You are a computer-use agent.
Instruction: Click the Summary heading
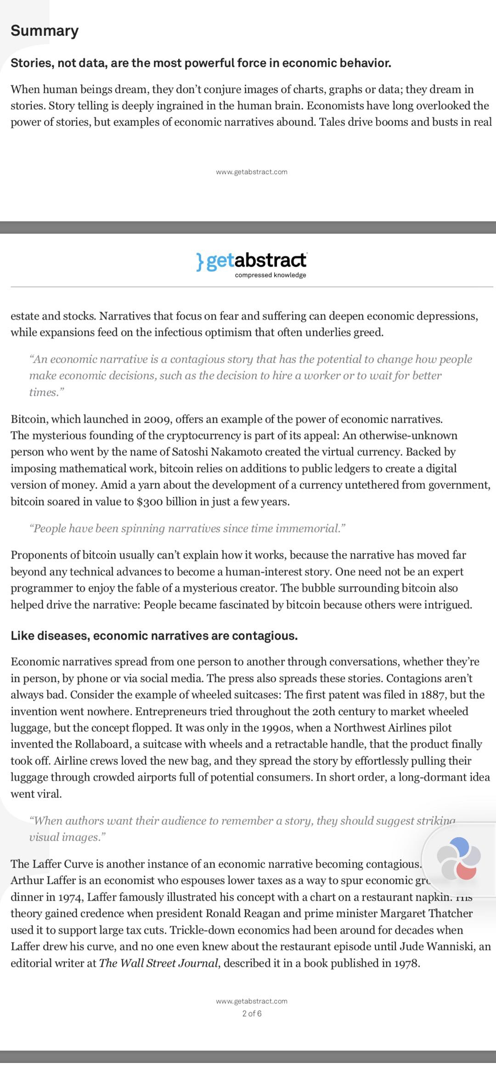click(x=45, y=31)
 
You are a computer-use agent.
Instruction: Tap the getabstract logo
click(x=251, y=261)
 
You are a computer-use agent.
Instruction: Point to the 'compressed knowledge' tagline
click(x=270, y=275)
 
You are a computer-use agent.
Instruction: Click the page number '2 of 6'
click(x=252, y=1013)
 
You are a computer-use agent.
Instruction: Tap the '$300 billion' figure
click(x=167, y=501)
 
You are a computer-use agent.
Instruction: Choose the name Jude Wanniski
click(x=439, y=947)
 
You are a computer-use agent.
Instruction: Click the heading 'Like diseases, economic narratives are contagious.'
click(x=154, y=636)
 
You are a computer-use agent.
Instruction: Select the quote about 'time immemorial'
click(x=187, y=529)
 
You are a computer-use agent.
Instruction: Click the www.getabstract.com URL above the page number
click(x=252, y=1001)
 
